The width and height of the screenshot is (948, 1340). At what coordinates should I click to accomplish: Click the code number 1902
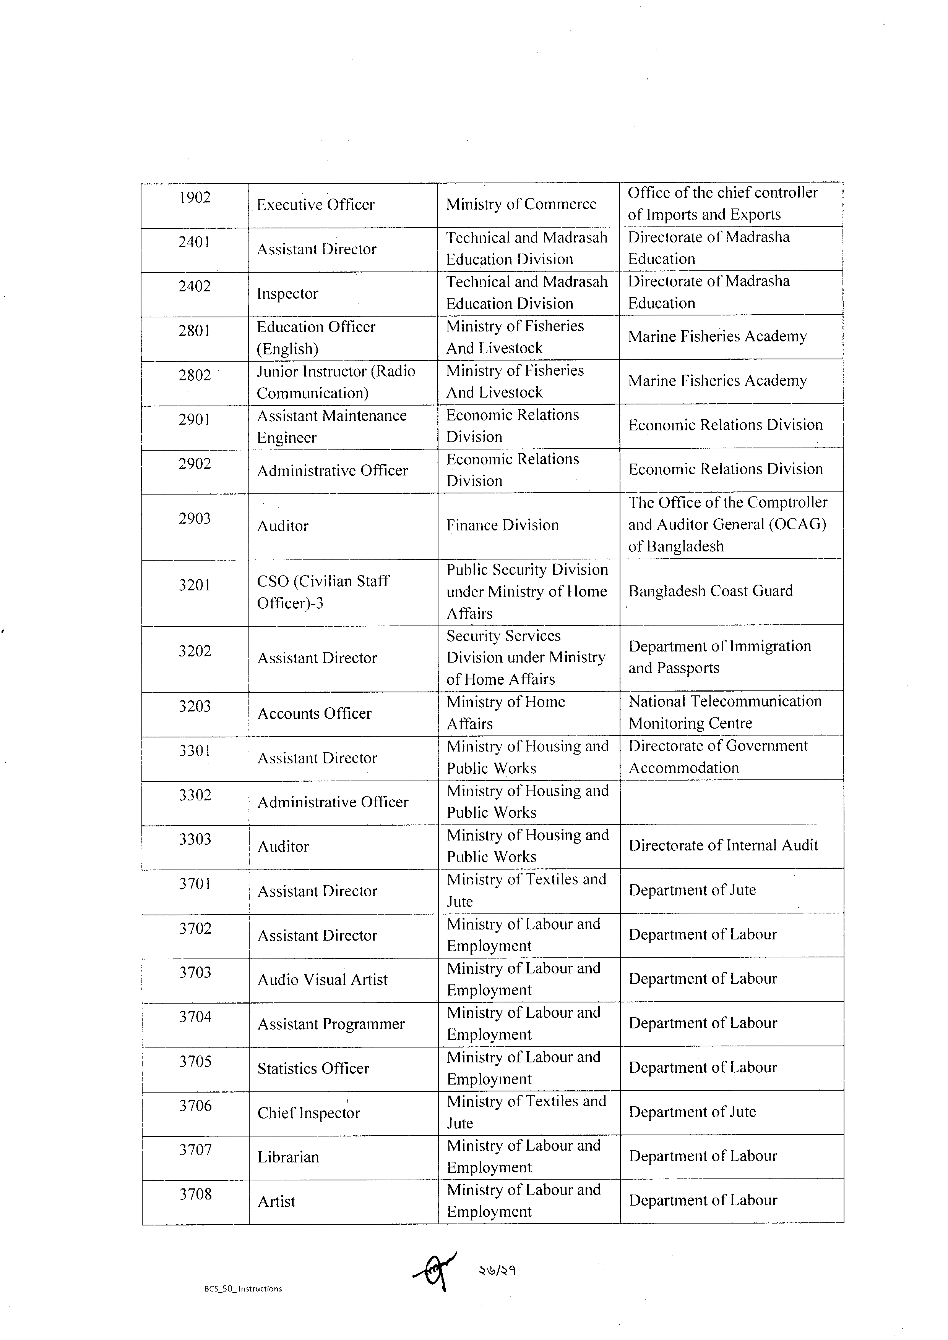coord(195,198)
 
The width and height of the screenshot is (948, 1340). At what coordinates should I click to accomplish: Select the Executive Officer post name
coord(315,205)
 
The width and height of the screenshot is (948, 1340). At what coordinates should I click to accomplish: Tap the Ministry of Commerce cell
coord(521,204)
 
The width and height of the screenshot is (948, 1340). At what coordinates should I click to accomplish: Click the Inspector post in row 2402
coord(287,294)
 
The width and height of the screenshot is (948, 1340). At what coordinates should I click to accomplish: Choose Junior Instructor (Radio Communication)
coord(336,382)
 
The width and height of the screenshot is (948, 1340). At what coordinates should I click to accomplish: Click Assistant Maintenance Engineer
coord(332,427)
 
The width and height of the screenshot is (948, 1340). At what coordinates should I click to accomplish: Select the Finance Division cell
coord(502,525)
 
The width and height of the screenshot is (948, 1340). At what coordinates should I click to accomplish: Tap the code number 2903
coord(195,519)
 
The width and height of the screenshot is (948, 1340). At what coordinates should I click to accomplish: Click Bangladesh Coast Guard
coord(710,591)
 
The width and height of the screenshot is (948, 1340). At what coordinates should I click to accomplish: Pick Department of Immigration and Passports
coord(720,657)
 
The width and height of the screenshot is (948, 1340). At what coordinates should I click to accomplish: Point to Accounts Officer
coord(314,714)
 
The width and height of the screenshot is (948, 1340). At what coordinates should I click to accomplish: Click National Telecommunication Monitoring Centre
coord(725,712)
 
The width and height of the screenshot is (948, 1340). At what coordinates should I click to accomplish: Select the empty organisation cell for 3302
coord(731,802)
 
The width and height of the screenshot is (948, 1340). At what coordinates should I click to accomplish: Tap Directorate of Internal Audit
coord(723,846)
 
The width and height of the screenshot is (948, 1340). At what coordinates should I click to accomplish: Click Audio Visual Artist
coord(322,980)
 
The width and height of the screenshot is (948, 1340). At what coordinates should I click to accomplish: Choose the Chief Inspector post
coord(308,1113)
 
